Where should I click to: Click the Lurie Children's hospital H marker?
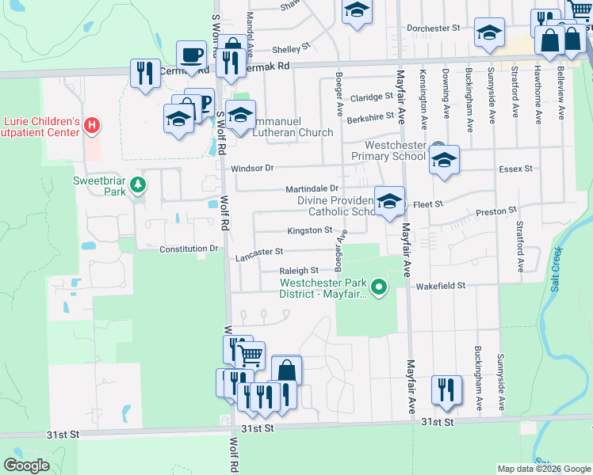pos(93,124)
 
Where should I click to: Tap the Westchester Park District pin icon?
pos(380,287)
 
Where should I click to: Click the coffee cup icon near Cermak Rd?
pos(191,55)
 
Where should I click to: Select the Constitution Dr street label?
pos(189,249)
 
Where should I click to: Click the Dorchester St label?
pos(434,28)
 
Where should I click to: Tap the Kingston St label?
pos(309,230)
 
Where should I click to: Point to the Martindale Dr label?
pos(312,188)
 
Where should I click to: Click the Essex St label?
pos(515,169)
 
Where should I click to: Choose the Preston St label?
pos(496,211)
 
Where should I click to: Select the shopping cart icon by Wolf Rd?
pos(251,355)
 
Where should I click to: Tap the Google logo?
pos(26,465)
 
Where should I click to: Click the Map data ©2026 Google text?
pos(543,469)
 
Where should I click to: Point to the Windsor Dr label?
pos(252,168)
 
